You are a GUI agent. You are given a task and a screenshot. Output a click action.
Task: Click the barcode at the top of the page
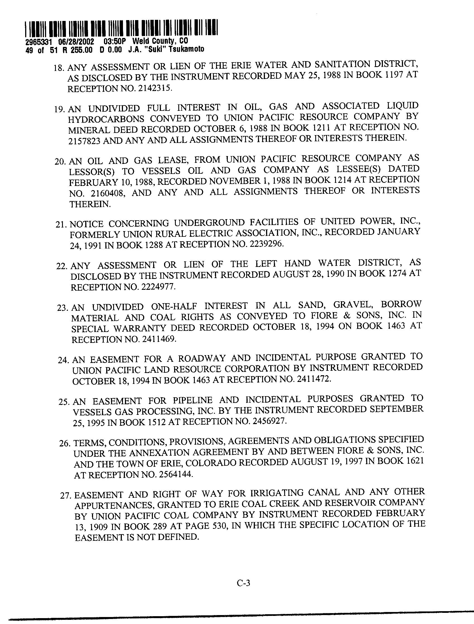coord(122,28)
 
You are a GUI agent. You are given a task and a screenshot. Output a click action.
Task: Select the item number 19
coord(60,109)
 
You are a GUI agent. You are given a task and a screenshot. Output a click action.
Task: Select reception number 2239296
coord(266,244)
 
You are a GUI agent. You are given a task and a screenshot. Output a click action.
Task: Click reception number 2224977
coord(158,287)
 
